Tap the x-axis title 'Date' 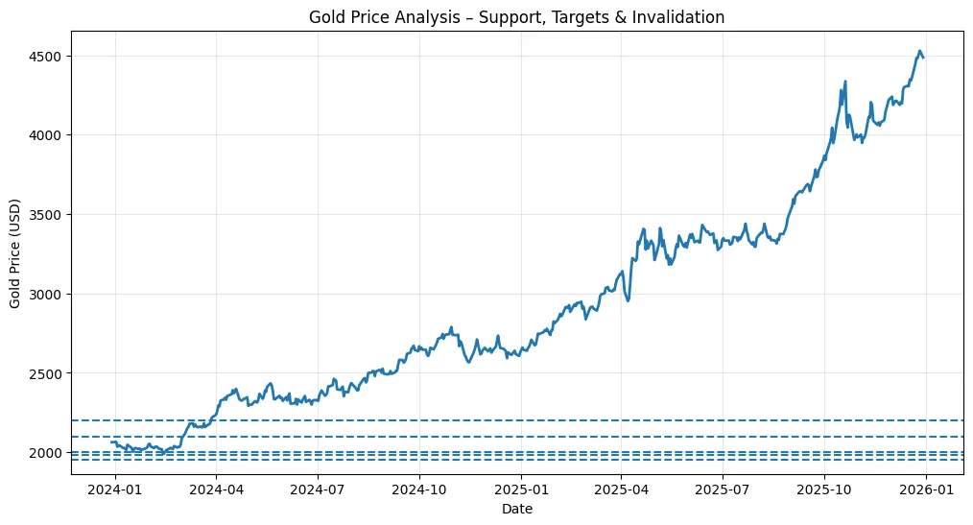click(x=517, y=510)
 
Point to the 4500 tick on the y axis click(x=48, y=56)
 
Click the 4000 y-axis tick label click(x=48, y=135)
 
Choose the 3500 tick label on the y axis click(x=48, y=214)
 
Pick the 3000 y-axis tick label click(x=48, y=294)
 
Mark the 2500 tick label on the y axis click(x=48, y=372)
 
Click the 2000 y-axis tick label click(x=48, y=452)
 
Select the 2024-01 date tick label click(x=115, y=488)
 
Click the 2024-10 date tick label click(x=419, y=488)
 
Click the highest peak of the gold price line click(x=919, y=51)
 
